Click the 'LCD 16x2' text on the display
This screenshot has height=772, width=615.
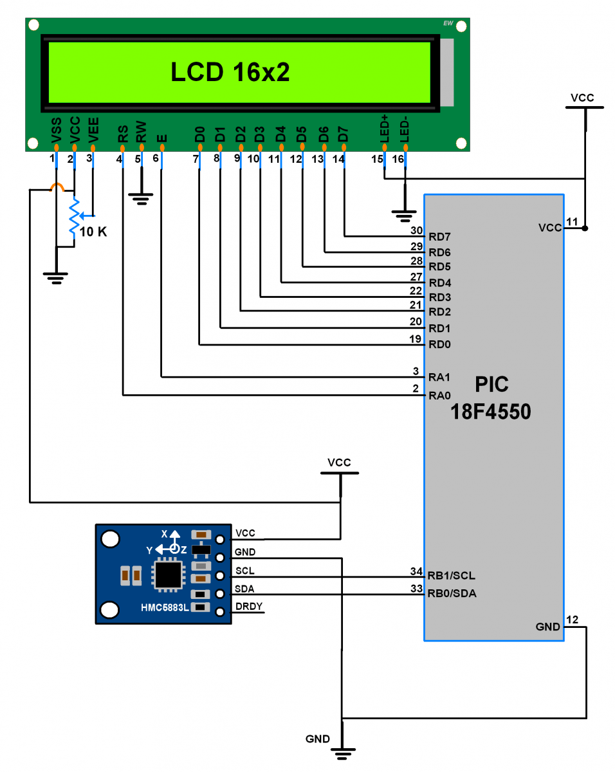[x=230, y=73]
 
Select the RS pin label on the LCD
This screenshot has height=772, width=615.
[x=122, y=134]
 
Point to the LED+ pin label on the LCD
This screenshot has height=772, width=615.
[x=385, y=129]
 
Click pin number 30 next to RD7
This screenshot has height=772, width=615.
[x=416, y=230]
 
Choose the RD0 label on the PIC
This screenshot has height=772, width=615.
[x=439, y=344]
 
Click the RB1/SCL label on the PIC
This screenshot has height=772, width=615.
[x=452, y=575]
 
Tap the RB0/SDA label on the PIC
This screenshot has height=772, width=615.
[x=452, y=593]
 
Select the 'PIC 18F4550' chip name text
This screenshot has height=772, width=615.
[x=491, y=398]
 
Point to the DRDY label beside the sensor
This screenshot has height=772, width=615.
[x=248, y=607]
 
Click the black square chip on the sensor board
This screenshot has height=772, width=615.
[x=168, y=574]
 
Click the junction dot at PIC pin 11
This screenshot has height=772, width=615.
[x=585, y=228]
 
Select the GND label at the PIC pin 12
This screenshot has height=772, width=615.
[x=547, y=627]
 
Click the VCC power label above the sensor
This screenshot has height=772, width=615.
[x=339, y=463]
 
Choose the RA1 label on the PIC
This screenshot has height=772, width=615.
[x=439, y=377]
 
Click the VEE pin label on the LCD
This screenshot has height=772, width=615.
[x=94, y=129]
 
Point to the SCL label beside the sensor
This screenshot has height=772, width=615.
[x=244, y=571]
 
